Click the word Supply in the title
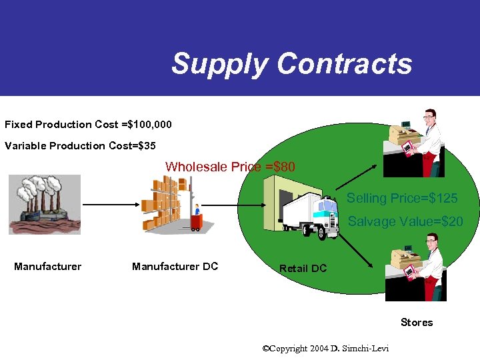(220, 64)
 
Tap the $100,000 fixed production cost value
(151, 125)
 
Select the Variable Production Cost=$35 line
(80, 145)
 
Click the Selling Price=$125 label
(401, 199)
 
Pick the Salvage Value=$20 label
(405, 221)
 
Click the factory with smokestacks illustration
(45, 203)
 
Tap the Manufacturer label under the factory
(48, 267)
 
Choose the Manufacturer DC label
(175, 267)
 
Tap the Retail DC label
(303, 268)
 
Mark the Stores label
(417, 323)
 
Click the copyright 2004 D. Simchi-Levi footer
(326, 349)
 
